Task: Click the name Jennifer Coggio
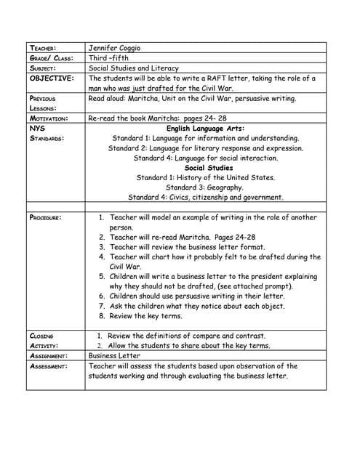click(114, 48)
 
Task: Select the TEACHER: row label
click(44, 49)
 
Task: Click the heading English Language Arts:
click(205, 128)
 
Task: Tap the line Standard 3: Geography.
click(206, 187)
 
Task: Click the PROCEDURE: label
click(46, 217)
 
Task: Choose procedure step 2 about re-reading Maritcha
click(183, 237)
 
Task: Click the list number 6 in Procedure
click(102, 296)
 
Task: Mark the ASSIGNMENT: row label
click(49, 357)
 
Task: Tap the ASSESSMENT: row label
click(49, 366)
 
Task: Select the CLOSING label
click(41, 336)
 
